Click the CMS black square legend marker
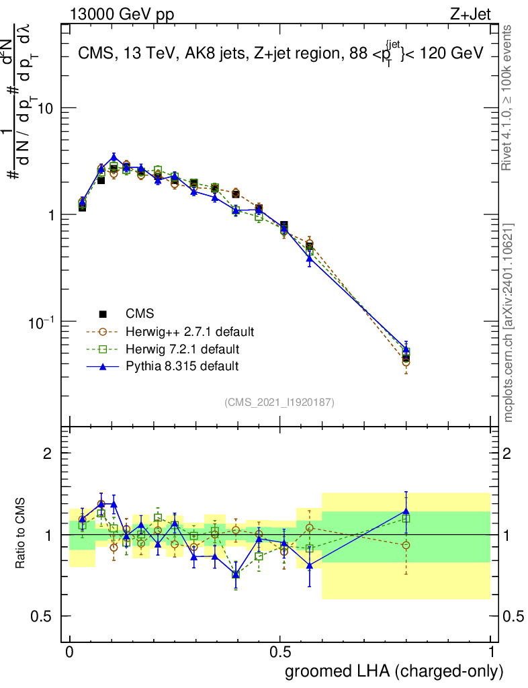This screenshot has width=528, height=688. [x=103, y=314]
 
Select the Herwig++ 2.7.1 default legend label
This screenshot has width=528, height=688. [x=189, y=332]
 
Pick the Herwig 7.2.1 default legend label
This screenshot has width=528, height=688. [x=183, y=349]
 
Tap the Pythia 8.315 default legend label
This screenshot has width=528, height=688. [x=182, y=366]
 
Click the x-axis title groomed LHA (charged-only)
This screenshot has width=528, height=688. [x=394, y=671]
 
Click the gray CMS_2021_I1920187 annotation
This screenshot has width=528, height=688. [x=279, y=402]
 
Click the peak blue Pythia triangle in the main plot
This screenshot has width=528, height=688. [x=114, y=157]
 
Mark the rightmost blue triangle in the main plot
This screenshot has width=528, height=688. [x=406, y=349]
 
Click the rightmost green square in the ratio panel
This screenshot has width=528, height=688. [x=406, y=519]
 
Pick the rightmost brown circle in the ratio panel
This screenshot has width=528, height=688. [x=406, y=545]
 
